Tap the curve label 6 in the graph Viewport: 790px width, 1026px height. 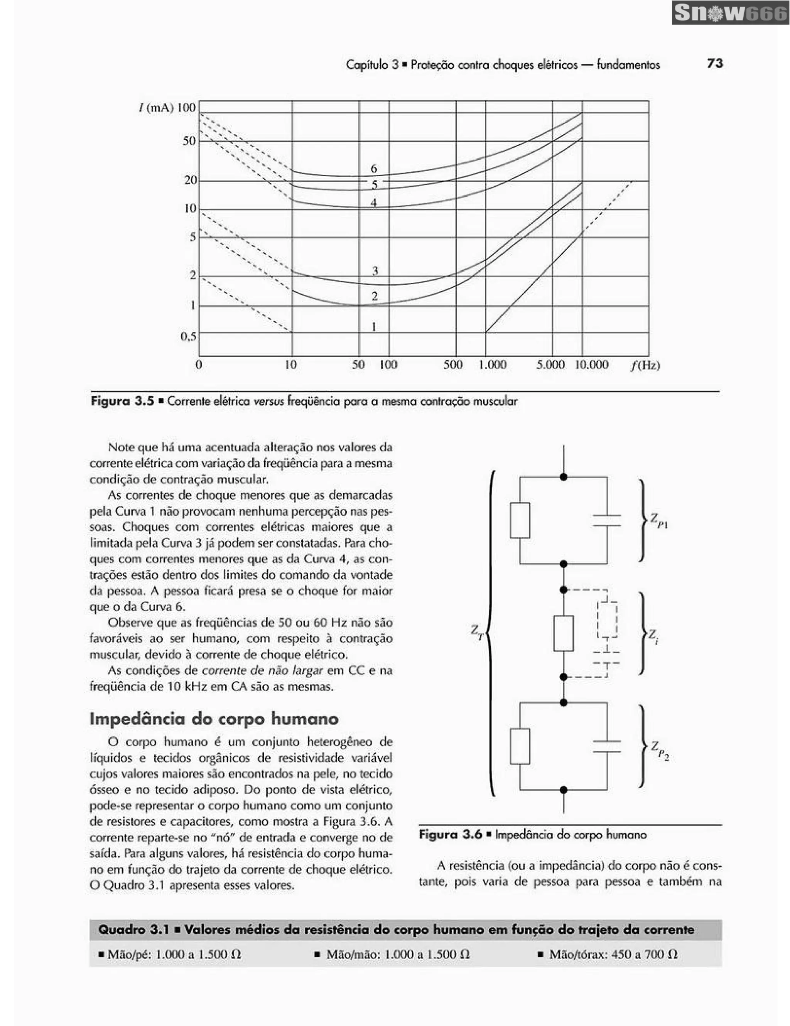374,169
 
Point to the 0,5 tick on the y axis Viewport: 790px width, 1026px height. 188,336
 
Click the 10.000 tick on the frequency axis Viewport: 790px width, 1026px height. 591,365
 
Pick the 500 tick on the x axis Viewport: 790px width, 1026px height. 453,365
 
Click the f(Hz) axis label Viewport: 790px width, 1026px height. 645,365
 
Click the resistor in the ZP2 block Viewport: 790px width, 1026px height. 520,746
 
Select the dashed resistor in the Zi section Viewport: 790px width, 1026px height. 606,619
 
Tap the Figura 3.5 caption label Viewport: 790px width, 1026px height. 123,401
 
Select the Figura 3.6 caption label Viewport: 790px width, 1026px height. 451,835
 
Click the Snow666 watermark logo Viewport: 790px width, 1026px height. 730,13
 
